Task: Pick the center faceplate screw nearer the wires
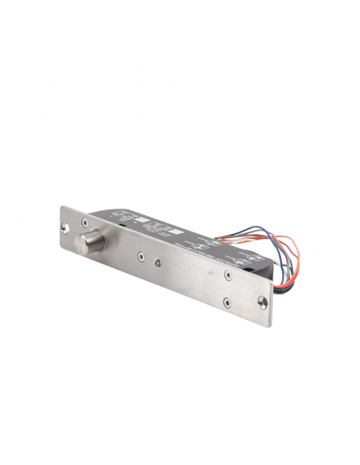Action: coord(161,264)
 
